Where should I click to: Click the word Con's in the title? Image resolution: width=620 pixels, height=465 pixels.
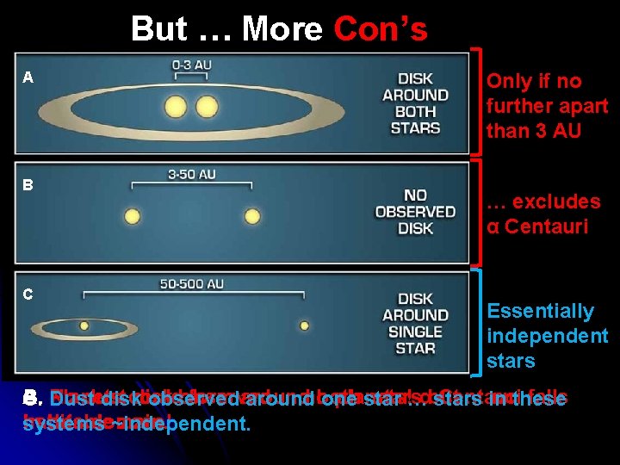tap(380, 29)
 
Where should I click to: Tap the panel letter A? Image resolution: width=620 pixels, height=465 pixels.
tap(28, 77)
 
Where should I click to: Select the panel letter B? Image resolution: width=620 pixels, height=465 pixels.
tap(28, 184)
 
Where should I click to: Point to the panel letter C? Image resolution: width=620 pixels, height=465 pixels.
tap(28, 294)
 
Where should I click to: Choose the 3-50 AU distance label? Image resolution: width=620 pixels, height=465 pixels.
tap(191, 173)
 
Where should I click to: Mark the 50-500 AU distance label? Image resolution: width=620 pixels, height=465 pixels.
tap(193, 282)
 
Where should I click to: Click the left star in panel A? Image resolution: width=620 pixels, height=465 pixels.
tap(176, 107)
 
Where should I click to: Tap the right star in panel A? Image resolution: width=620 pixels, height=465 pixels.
tap(207, 107)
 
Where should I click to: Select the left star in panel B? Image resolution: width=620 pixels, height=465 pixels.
tap(132, 216)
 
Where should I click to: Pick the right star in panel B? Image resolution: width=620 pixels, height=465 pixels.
tap(252, 216)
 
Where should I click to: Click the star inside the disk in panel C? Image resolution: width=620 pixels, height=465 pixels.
tap(84, 325)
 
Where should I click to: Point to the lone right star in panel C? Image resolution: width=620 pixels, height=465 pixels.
tap(305, 325)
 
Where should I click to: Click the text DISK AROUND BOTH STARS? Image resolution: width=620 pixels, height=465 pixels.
tap(415, 103)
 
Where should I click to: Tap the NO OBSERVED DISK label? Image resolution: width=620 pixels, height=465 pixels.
tap(415, 212)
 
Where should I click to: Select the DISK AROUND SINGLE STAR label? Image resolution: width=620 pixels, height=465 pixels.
tap(415, 323)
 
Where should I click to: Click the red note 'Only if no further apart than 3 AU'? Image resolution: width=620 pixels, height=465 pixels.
tap(547, 106)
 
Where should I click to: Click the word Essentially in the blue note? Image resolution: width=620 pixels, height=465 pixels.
tap(540, 311)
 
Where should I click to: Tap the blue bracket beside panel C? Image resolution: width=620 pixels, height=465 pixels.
tap(477, 322)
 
